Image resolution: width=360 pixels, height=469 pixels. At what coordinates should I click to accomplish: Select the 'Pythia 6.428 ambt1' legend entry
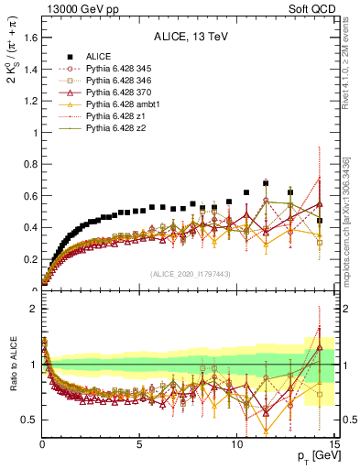pos(124,104)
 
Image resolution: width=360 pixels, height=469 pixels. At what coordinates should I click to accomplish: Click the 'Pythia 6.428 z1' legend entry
pos(116,116)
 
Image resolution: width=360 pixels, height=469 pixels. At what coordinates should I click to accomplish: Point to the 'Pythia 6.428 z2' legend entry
pos(116,128)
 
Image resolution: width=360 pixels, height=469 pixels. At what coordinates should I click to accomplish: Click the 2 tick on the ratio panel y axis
pos(34,310)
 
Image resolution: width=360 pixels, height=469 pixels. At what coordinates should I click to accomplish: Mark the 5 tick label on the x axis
pos(139,446)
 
